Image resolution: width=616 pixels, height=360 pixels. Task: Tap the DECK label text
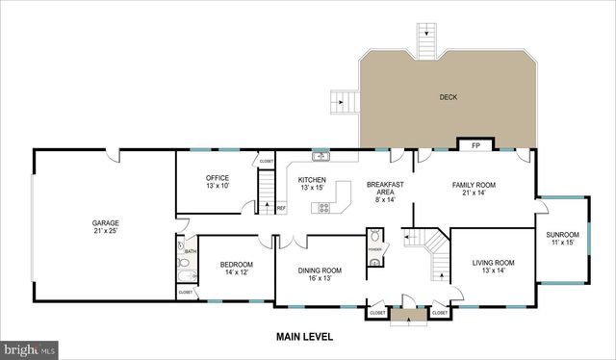(449, 97)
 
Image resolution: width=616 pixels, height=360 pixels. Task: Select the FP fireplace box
(475, 146)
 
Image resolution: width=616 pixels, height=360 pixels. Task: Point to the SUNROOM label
(562, 235)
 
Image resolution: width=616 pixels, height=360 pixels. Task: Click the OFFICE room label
(218, 177)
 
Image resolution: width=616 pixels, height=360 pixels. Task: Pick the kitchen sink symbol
(321, 156)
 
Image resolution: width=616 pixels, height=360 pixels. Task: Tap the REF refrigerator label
(281, 208)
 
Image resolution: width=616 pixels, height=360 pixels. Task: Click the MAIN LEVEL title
(307, 337)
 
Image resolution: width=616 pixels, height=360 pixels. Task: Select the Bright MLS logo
(29, 348)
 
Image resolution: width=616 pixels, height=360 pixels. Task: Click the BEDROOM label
(236, 265)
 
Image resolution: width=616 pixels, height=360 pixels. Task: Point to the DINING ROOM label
(319, 270)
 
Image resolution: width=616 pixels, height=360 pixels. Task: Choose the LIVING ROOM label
(493, 263)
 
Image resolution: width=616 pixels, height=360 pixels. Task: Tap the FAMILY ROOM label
(474, 184)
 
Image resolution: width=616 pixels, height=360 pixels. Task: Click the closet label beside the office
(266, 162)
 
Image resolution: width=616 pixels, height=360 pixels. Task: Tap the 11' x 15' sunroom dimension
(562, 243)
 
